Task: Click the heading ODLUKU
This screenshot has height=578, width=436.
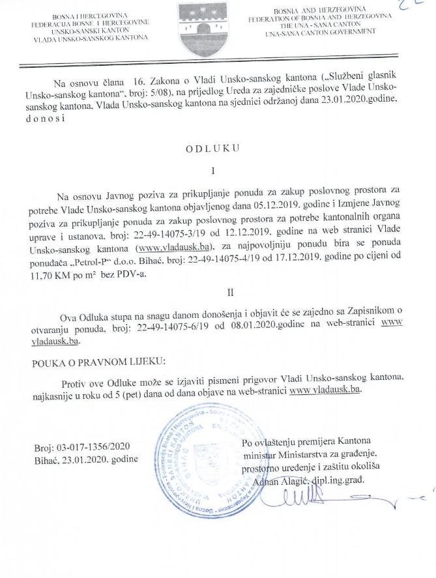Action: pos(212,149)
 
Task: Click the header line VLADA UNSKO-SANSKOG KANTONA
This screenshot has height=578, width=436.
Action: pos(90,38)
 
